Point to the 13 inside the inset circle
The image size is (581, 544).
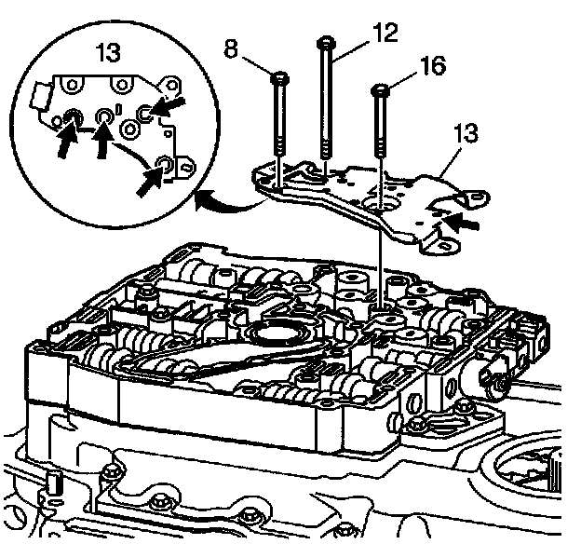[x=109, y=52]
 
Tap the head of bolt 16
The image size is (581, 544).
[x=380, y=90]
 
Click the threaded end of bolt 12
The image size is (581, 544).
[x=326, y=149]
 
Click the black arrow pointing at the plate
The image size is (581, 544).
[x=462, y=223]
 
